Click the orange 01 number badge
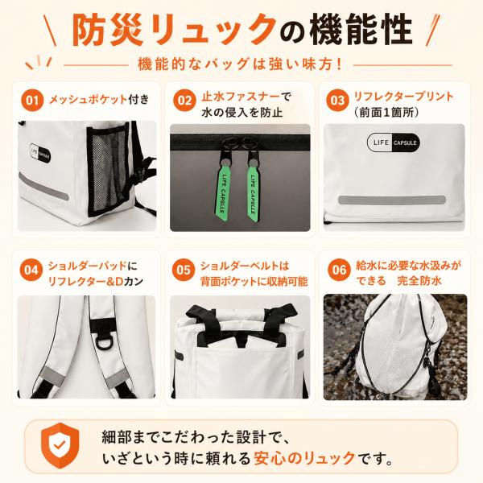tap(32, 101)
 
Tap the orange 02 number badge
tap(184, 101)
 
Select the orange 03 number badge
tap(337, 101)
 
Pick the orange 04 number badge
tap(31, 270)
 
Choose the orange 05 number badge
tap(184, 270)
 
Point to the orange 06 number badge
tap(339, 270)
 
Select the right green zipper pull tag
tap(252, 193)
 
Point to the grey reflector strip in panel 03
tap(392, 200)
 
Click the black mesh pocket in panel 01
tap(107, 169)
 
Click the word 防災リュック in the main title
tap(174, 31)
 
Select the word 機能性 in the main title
tap(361, 31)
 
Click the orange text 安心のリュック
tap(304, 458)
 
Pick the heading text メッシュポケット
tap(88, 99)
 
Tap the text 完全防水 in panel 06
tap(419, 281)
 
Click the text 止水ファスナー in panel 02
tap(242, 97)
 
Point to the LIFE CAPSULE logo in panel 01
tap(41, 153)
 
